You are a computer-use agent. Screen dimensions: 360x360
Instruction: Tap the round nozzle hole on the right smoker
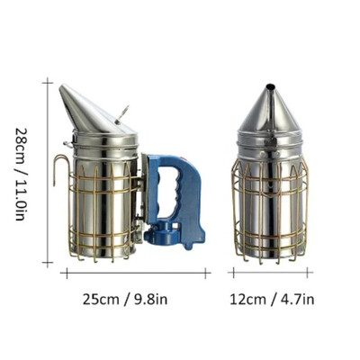270,86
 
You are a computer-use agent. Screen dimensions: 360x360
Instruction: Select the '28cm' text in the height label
22,144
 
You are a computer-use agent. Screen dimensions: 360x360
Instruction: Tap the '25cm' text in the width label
101,300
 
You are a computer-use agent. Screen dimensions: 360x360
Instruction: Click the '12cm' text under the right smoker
248,300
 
